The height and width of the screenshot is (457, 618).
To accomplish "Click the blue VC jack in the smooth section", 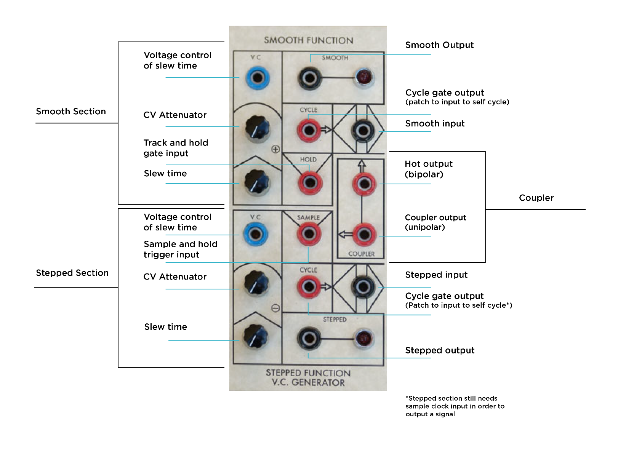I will point(258,78).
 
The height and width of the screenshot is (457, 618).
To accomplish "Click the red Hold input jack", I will point(310,182).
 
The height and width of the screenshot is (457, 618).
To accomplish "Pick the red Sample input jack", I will point(309,233).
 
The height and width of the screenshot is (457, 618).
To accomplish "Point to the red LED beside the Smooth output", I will point(364,77).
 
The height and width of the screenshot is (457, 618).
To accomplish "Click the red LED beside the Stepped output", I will point(363,338).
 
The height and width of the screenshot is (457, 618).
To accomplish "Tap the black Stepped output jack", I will point(309,338).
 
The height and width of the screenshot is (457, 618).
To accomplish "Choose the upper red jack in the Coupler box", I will point(364,184).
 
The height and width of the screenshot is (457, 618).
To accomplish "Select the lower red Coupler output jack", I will point(364,234).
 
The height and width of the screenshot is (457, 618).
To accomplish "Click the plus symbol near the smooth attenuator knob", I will point(275,149).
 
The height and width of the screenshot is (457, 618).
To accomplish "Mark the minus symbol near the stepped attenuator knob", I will point(275,308).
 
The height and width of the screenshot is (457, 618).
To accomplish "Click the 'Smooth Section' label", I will point(71,112).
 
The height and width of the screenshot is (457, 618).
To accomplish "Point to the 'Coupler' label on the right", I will point(536,198).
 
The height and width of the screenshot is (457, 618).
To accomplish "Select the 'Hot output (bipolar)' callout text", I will point(428,169).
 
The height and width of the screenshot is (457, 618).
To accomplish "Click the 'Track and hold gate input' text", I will point(176,148).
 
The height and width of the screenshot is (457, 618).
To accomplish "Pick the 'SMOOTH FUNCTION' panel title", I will point(309,40).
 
